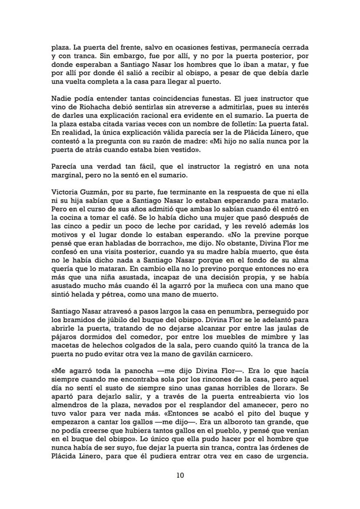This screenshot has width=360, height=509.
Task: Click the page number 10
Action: tap(180, 475)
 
